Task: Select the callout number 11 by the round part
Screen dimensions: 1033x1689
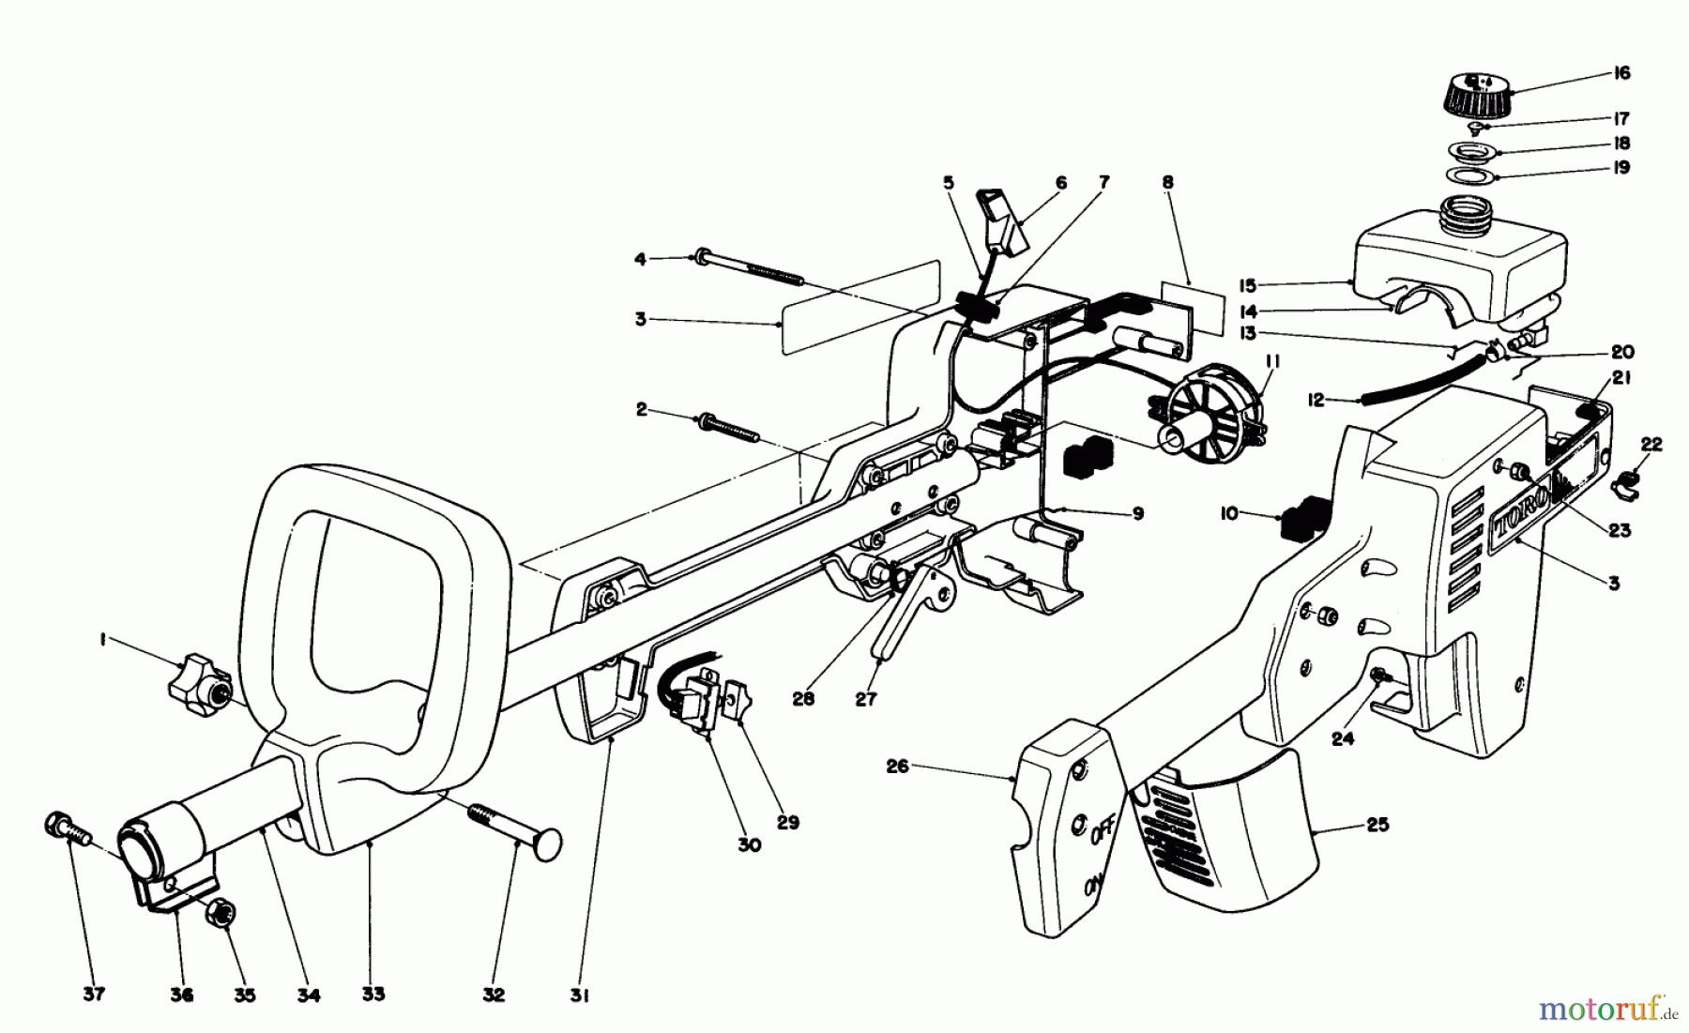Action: (1271, 362)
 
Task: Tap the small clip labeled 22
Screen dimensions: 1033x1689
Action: (1626, 484)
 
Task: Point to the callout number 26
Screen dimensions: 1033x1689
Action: (899, 767)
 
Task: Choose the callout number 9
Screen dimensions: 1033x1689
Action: (1137, 514)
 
